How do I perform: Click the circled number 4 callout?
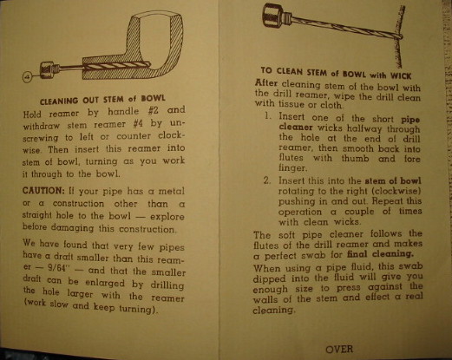pyautogui.click(x=28, y=77)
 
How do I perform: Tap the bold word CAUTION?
pyautogui.click(x=43, y=191)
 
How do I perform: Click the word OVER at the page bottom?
pyautogui.click(x=339, y=350)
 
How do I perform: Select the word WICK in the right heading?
pyautogui.click(x=401, y=75)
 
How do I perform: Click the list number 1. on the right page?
pyautogui.click(x=268, y=116)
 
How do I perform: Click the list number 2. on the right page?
pyautogui.click(x=267, y=180)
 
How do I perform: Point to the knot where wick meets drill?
pyautogui.click(x=398, y=36)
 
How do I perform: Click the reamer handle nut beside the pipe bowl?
pyautogui.click(x=47, y=70)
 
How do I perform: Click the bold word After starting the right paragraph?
pyautogui.click(x=266, y=83)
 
